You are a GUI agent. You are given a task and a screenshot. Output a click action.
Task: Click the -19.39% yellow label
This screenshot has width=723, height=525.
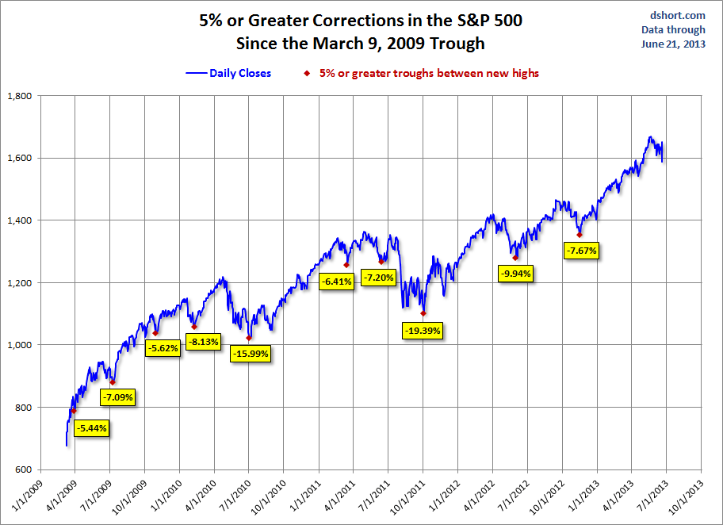[x=423, y=330]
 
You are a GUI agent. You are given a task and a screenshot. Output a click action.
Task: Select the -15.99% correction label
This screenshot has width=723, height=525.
[x=250, y=354]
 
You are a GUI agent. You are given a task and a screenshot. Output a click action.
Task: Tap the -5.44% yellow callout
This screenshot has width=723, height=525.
[x=91, y=428]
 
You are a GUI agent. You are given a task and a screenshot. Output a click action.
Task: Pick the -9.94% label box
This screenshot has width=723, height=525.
[x=516, y=274]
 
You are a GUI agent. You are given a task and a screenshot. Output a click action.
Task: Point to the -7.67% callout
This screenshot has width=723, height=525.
[x=581, y=250]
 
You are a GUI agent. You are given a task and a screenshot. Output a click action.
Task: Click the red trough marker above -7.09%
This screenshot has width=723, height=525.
[x=113, y=382]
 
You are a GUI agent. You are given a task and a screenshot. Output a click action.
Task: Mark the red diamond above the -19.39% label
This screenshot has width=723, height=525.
[x=423, y=313]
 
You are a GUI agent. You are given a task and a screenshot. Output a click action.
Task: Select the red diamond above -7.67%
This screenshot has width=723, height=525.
[x=580, y=235]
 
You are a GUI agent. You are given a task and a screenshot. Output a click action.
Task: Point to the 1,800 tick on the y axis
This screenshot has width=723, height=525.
[x=18, y=96]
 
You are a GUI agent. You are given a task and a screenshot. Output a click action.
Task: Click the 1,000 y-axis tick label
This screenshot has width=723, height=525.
[x=18, y=345]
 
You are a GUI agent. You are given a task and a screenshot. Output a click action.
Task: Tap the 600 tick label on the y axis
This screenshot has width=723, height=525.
[x=22, y=469]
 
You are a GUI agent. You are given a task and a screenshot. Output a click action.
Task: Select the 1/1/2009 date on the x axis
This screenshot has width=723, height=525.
[x=28, y=496]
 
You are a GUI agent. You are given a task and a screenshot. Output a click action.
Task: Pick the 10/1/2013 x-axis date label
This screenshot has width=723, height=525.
[x=685, y=496]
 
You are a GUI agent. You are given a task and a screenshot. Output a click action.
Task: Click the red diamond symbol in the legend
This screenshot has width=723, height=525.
[x=307, y=74]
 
